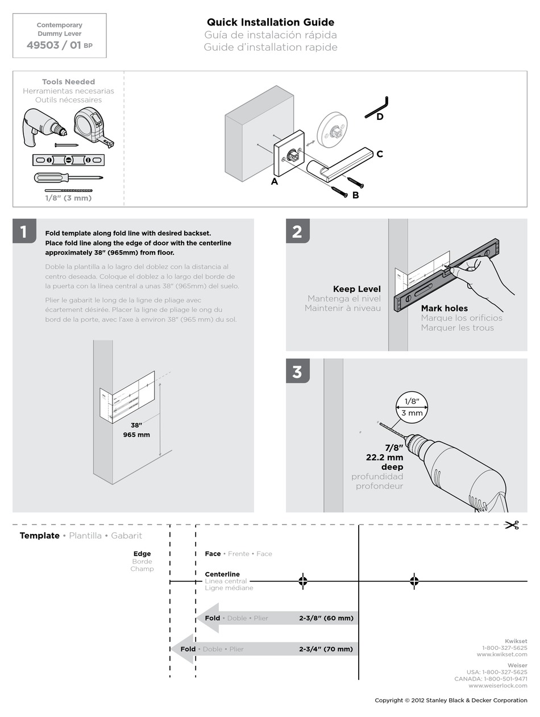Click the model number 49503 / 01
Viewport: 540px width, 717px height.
pos(54,45)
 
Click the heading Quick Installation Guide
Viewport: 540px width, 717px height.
pos(271,22)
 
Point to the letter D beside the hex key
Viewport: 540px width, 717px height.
pos(380,117)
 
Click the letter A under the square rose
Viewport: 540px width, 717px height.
pos(275,182)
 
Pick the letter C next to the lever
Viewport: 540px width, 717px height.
pos(380,154)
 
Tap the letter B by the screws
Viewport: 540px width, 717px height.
pos(355,195)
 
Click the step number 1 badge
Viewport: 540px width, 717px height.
pos(24,231)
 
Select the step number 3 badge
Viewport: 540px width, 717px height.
pos(297,371)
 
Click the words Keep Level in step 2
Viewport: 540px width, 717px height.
pos(356,289)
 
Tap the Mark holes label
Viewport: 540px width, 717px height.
pos(444,308)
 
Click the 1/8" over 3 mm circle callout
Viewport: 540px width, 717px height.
pos(412,407)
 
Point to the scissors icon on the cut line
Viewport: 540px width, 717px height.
pos(512,525)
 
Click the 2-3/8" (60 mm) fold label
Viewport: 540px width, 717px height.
pos(326,618)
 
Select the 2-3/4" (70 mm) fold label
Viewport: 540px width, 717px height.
pos(326,649)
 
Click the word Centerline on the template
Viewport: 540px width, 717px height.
pos(222,574)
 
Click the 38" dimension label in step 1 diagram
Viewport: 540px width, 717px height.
pos(136,425)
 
